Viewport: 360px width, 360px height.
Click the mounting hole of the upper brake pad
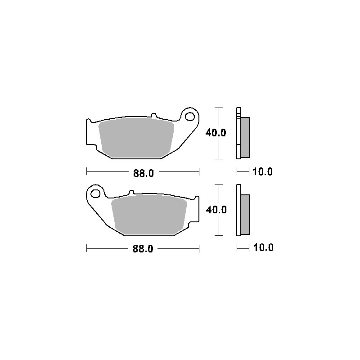(190, 117)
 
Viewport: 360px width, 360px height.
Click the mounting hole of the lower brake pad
(95, 193)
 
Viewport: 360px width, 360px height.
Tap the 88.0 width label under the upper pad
(144, 173)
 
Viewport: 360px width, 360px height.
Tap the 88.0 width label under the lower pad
(143, 249)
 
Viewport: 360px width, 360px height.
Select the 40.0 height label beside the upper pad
(216, 133)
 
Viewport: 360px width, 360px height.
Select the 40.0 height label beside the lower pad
(216, 210)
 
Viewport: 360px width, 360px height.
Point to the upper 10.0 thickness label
(262, 171)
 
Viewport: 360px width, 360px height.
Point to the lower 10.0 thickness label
(263, 247)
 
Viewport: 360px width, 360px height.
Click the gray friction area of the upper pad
(136, 138)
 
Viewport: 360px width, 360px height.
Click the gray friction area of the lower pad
(149, 215)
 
